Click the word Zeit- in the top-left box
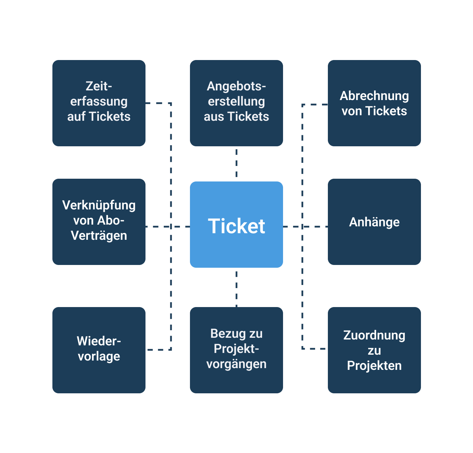coord(99,86)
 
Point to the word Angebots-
coord(236,86)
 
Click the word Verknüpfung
coord(99,205)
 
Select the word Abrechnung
coord(374,96)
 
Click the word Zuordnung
coord(374,335)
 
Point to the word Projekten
coord(374,365)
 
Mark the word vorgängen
coord(236,364)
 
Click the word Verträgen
coord(99,235)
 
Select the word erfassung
coord(99,101)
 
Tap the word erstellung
coord(236,101)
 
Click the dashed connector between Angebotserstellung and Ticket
coord(236,163)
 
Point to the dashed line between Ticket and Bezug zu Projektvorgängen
coord(236,288)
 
